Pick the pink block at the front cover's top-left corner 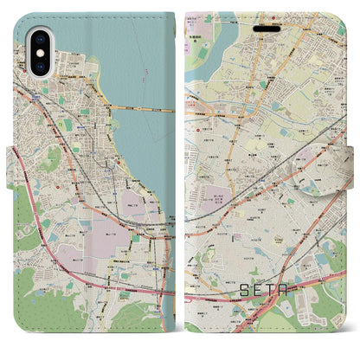click(196, 17)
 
